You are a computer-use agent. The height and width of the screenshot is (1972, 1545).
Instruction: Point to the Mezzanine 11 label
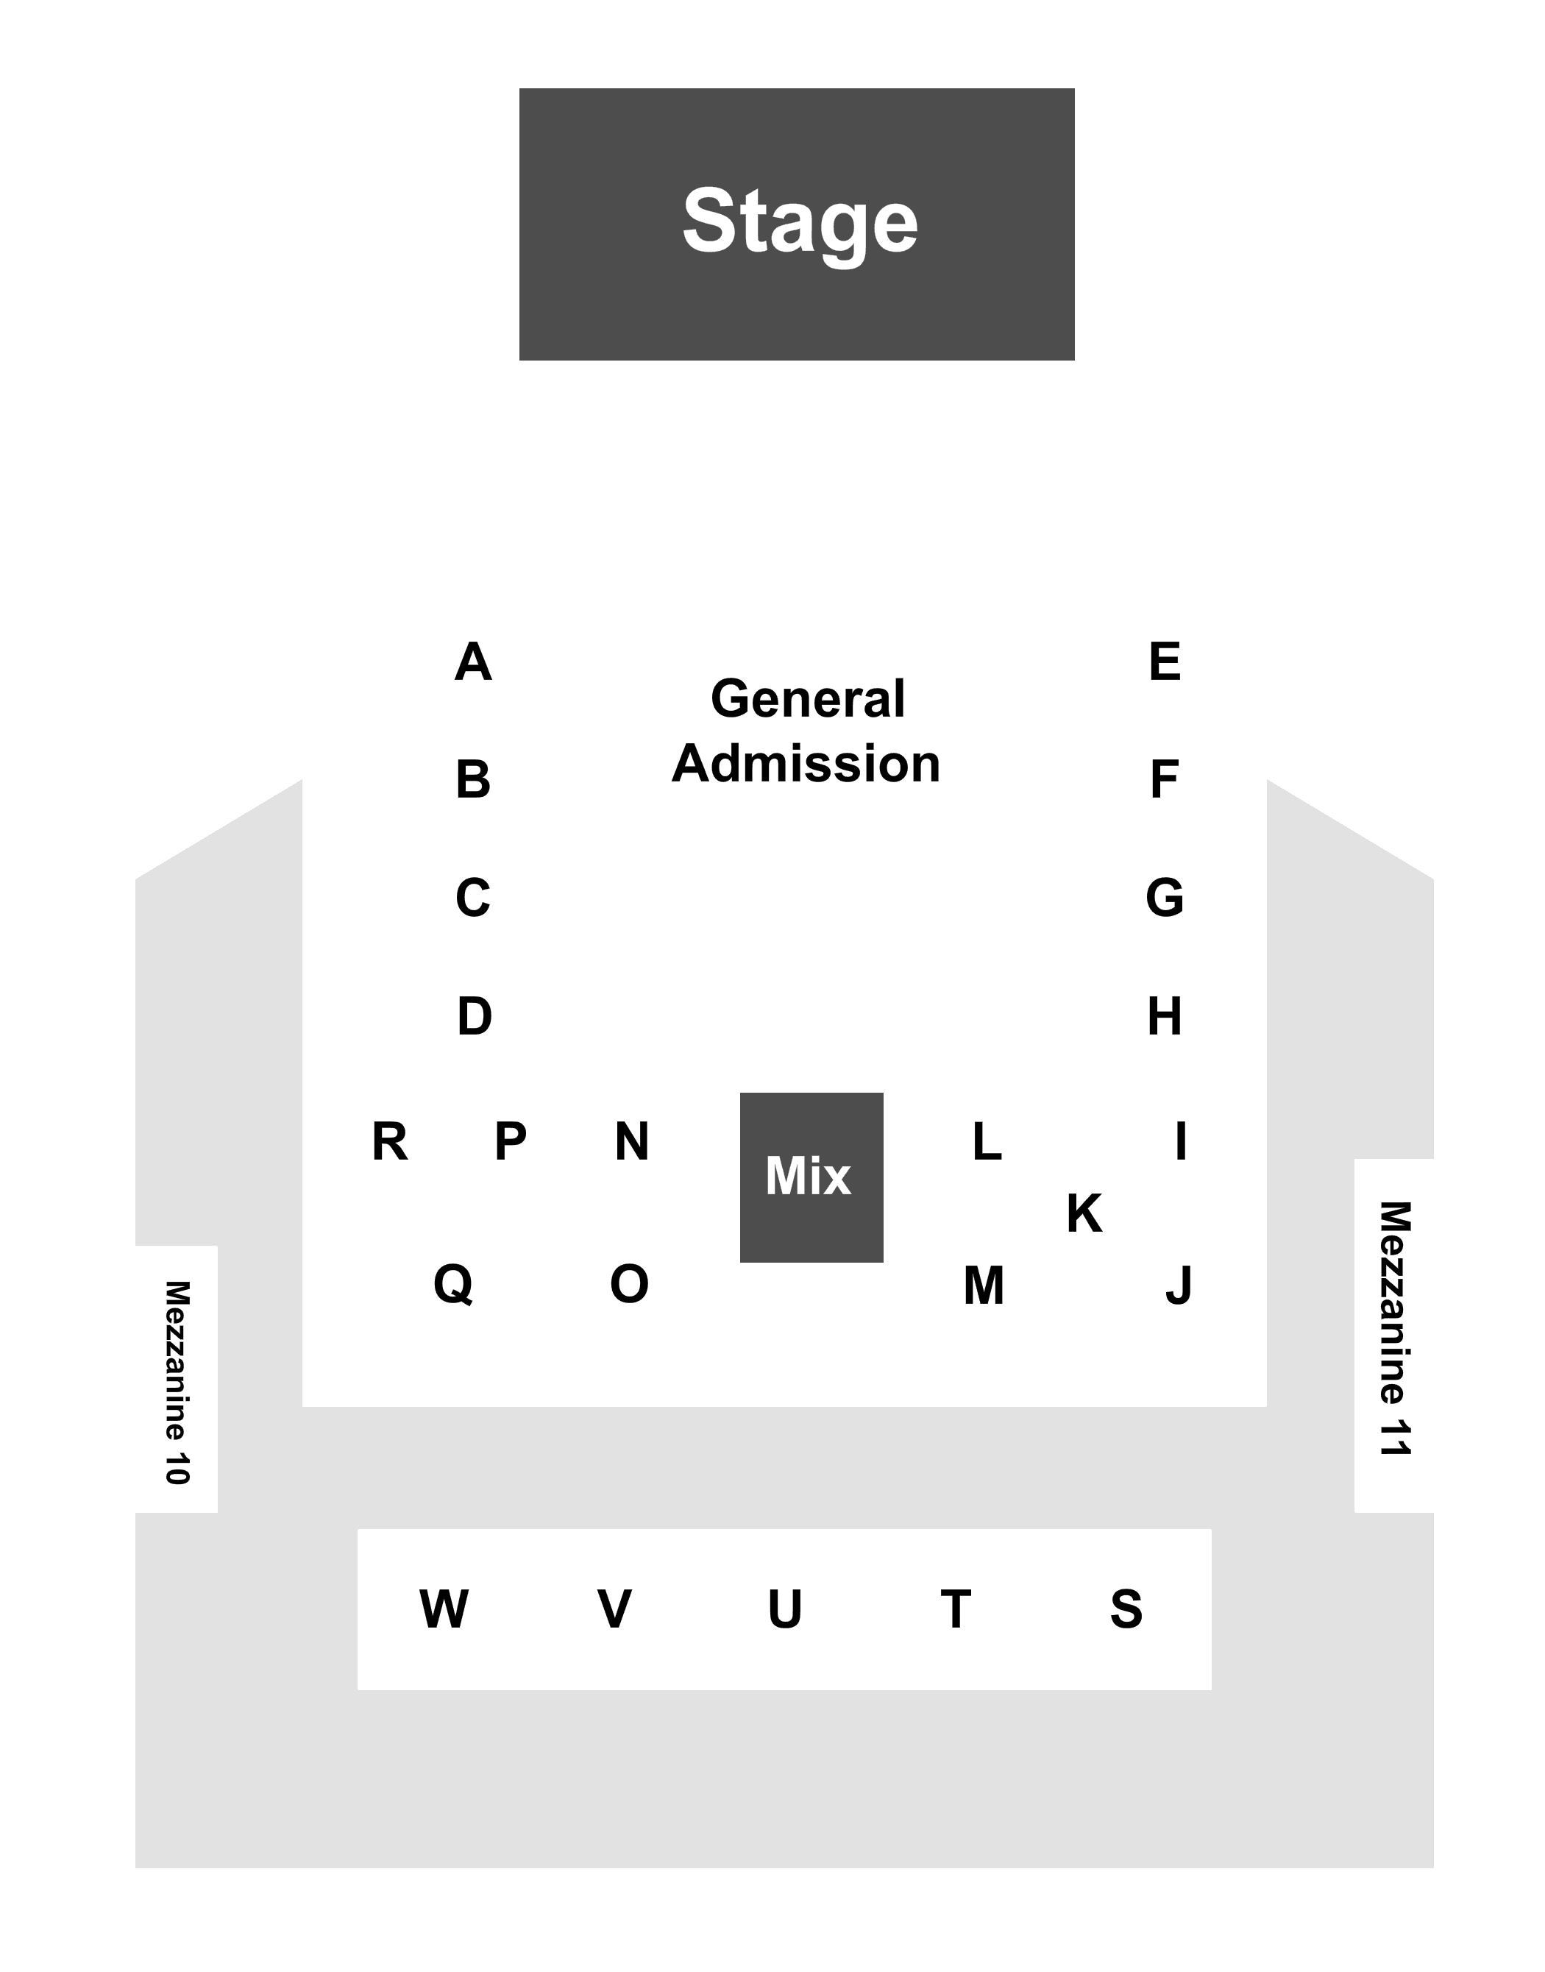[x=1394, y=1329]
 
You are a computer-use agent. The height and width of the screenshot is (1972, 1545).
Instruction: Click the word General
[x=808, y=699]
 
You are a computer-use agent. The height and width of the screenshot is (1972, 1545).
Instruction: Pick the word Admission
[x=806, y=764]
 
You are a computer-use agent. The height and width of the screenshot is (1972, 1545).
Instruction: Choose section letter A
[x=473, y=662]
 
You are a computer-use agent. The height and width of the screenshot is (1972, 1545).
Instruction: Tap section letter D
[x=474, y=1016]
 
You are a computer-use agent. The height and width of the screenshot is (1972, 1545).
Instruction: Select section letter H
[x=1165, y=1016]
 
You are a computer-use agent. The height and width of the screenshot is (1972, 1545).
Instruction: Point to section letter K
[x=1084, y=1213]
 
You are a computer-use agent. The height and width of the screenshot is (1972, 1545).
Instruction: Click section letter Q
[x=453, y=1285]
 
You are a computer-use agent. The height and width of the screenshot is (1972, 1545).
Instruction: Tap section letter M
[x=984, y=1285]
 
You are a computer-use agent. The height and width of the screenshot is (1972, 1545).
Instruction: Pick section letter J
[x=1179, y=1285]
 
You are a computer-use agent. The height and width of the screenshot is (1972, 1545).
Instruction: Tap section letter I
[x=1181, y=1141]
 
